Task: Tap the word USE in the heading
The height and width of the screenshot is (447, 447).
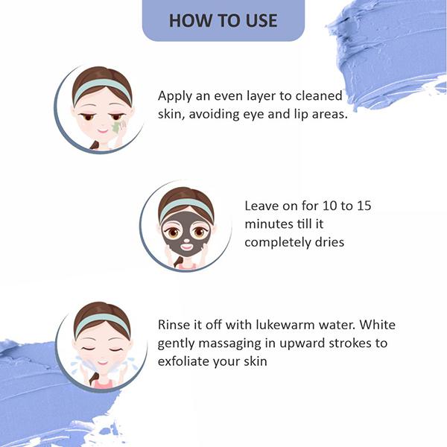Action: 261,21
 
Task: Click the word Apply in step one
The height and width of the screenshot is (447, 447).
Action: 174,97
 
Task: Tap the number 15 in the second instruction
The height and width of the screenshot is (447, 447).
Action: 364,206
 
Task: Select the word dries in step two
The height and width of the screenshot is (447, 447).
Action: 329,242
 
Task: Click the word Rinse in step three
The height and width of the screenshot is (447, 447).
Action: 174,325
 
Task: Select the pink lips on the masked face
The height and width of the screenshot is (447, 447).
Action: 187,247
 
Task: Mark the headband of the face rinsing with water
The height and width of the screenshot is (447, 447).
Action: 102,323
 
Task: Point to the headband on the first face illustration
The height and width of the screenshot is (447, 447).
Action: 102,87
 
